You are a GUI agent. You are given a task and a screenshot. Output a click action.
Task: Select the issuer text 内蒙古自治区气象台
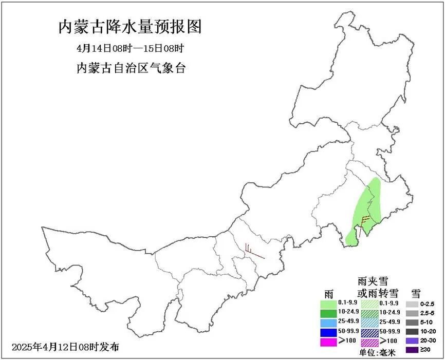pos(130,68)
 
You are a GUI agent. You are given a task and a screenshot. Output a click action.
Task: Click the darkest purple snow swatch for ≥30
pos(412,351)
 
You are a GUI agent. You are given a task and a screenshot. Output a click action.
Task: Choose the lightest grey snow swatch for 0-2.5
pos(412,304)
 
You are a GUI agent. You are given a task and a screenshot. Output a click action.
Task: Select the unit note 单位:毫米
pos(375,353)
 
